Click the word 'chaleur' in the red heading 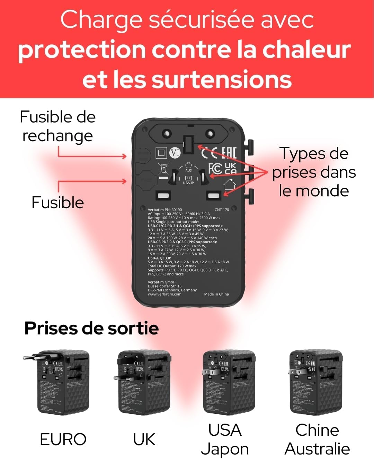(306, 50)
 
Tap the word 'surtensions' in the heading (222, 79)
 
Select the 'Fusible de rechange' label (57, 126)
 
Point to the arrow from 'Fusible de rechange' (92, 156)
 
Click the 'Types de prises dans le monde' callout (314, 172)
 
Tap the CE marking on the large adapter (209, 153)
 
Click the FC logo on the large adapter (215, 169)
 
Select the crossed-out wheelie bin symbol (163, 169)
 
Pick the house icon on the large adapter (230, 184)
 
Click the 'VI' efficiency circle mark (175, 153)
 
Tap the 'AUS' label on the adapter (188, 170)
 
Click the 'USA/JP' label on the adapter (188, 182)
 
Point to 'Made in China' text (216, 294)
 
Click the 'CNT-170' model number (222, 210)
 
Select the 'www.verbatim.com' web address (164, 294)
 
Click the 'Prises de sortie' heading (91, 328)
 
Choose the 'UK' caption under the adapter (144, 439)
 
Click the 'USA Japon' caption (225, 440)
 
